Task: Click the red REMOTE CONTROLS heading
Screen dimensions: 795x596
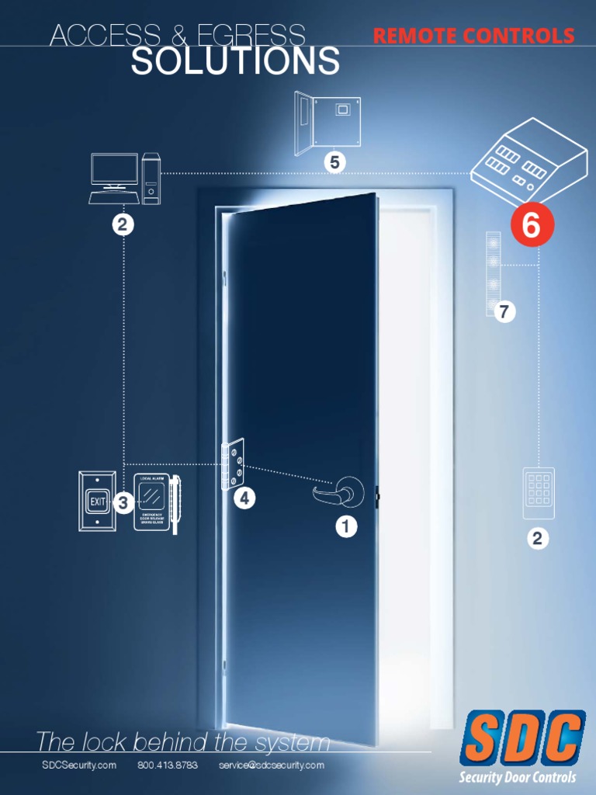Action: coord(473,36)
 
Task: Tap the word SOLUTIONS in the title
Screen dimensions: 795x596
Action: coord(235,61)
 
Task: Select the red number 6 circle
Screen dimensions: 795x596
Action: coord(532,225)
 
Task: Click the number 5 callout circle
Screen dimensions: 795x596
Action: coord(334,162)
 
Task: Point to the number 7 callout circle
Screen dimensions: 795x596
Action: coord(504,312)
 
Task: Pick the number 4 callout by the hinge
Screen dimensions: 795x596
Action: coord(244,499)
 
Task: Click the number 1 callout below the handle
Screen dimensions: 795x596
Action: coord(346,527)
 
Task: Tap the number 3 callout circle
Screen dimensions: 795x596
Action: coord(123,503)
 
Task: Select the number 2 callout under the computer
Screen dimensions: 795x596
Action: coord(123,225)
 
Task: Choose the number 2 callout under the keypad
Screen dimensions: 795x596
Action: coord(537,538)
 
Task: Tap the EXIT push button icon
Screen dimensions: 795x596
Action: coord(97,502)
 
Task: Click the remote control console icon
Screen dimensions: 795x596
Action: coord(528,163)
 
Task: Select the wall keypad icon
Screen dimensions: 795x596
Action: coord(538,492)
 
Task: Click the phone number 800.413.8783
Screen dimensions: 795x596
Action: coord(168,765)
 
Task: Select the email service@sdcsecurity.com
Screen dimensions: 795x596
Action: coord(271,765)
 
